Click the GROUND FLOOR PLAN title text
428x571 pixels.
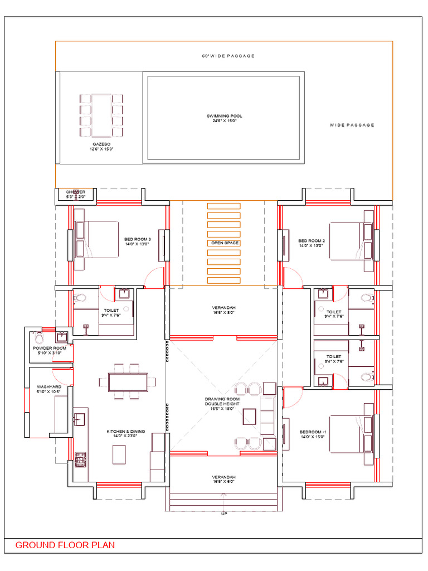coord(65,545)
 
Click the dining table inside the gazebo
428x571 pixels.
coord(101,115)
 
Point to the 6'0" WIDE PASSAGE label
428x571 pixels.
coord(228,56)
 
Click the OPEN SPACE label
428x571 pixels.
coord(224,243)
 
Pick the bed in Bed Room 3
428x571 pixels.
coord(100,239)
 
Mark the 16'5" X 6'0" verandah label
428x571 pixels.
coord(223,480)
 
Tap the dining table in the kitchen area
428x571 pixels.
coord(128,382)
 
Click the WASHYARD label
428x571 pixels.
coord(49,389)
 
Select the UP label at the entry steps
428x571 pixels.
coord(223,514)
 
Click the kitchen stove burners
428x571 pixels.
coord(81,459)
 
